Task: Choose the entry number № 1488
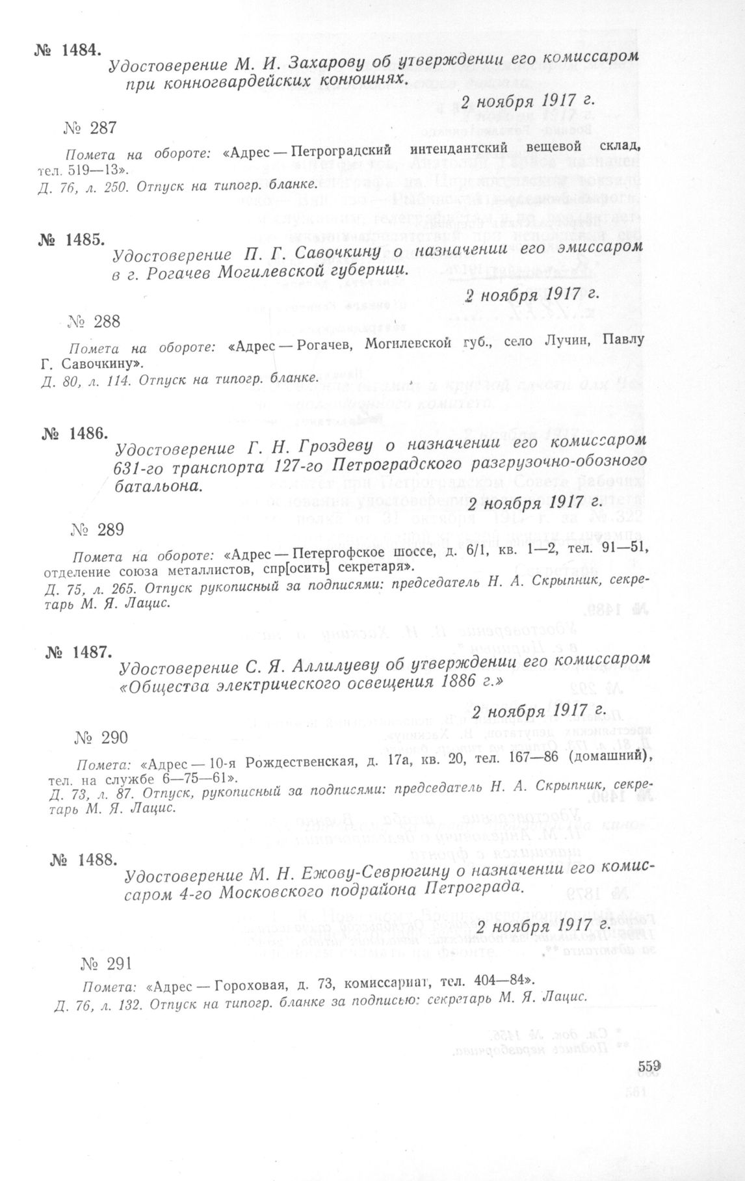pos(83,860)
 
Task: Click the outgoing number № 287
pos(90,128)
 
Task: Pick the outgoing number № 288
pos(94,321)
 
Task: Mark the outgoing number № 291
pos(107,945)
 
